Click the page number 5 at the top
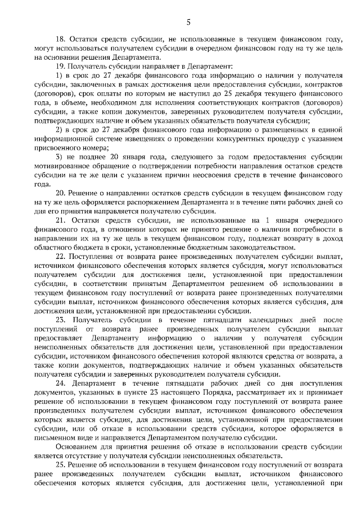click(x=188, y=22)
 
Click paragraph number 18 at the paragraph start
click(x=60, y=39)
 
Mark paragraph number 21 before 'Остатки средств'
click(x=60, y=220)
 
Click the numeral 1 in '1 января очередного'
click(x=240, y=220)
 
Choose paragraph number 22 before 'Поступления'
click(x=60, y=256)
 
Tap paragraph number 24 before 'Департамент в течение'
click(x=60, y=382)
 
